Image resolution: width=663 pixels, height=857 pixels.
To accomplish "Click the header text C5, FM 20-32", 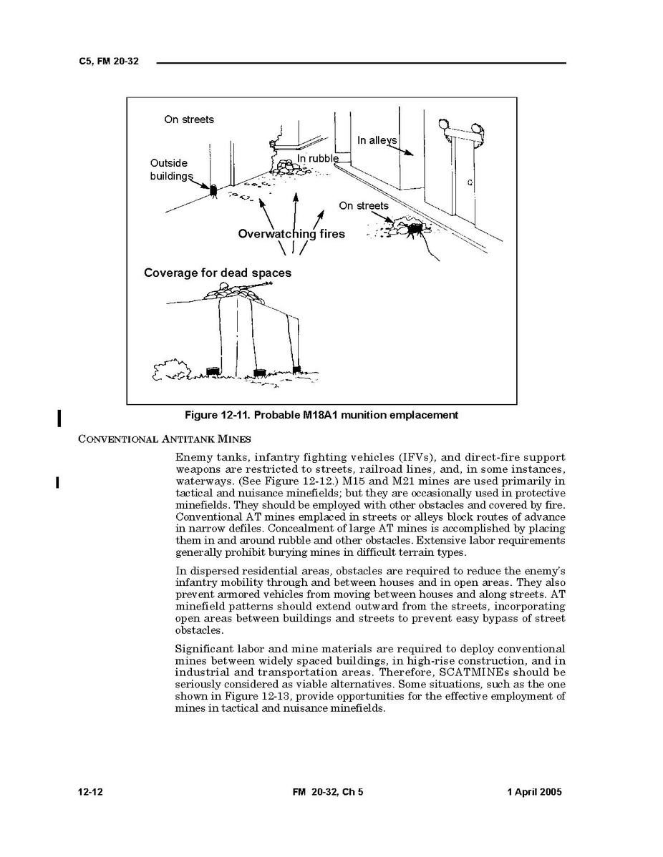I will tap(108, 62).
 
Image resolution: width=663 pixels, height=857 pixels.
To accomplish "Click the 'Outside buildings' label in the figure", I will tap(170, 170).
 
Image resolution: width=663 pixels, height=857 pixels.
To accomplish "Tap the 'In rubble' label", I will tap(318, 158).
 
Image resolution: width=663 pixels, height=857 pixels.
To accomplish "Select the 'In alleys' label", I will tap(377, 140).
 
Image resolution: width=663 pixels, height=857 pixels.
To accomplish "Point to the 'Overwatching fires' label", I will tap(291, 234).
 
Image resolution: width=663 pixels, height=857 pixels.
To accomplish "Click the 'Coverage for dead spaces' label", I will tap(218, 273).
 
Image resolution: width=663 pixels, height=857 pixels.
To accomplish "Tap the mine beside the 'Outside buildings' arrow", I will tap(213, 190).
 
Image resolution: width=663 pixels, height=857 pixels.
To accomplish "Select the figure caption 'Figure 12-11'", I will tap(321, 415).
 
